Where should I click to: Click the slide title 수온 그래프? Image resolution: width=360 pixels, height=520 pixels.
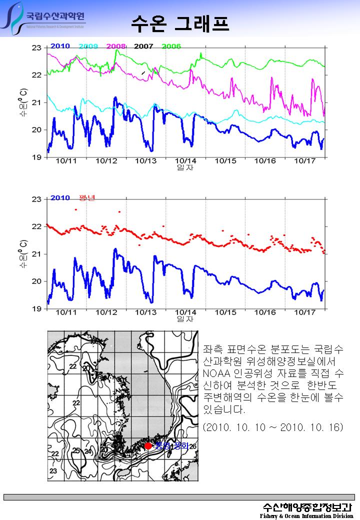[x=180, y=23]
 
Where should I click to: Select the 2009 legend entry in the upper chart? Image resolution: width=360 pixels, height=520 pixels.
[x=88, y=46]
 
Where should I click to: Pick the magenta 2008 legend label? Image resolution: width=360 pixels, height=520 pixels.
[x=115, y=46]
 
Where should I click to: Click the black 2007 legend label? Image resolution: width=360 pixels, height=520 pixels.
[x=143, y=46]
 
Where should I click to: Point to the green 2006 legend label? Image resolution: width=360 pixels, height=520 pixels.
[x=171, y=46]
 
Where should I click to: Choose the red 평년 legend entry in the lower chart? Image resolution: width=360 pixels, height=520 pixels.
[x=87, y=197]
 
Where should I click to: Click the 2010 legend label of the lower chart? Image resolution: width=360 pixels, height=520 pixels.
[x=60, y=197]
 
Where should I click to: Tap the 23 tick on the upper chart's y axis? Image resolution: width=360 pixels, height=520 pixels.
[x=36, y=48]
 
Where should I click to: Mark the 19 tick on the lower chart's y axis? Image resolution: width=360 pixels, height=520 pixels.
[x=36, y=309]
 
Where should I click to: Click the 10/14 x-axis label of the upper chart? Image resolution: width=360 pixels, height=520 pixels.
[x=185, y=161]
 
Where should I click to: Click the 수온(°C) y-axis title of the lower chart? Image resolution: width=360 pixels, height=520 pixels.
[x=24, y=254]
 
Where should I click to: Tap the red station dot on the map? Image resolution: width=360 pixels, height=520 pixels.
[x=148, y=446]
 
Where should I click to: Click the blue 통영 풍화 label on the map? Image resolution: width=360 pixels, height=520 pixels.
[x=171, y=445]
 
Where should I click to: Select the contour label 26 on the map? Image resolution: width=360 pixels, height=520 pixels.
[x=193, y=446]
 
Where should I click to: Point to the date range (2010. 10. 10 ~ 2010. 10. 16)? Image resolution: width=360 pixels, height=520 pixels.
[x=273, y=428]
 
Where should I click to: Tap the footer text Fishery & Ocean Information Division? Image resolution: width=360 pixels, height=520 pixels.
[x=306, y=515]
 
